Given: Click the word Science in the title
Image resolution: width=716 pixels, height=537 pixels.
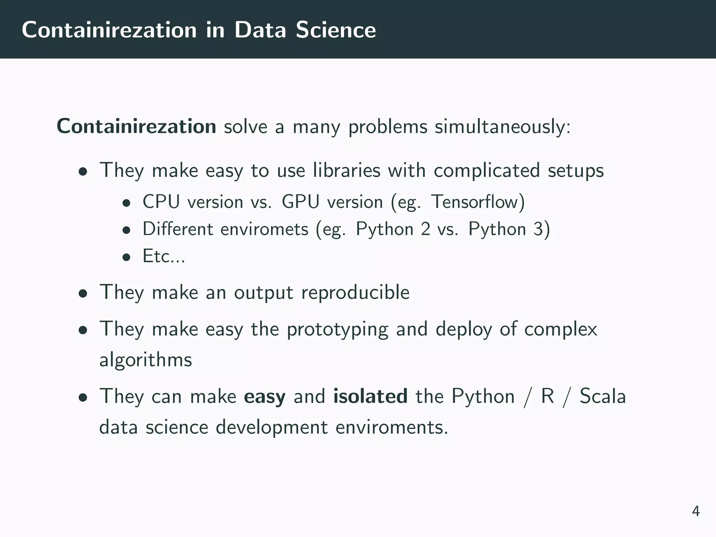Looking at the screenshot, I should (x=336, y=30).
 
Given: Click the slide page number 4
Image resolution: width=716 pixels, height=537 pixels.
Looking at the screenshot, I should (x=695, y=511).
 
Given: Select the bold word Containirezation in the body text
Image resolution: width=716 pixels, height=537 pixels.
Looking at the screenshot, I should (x=136, y=126).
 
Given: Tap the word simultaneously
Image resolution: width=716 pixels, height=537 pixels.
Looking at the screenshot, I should (x=502, y=127).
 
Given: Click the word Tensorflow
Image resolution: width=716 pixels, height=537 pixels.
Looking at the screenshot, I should (x=478, y=202).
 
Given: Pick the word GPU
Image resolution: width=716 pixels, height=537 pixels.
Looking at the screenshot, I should (x=300, y=202).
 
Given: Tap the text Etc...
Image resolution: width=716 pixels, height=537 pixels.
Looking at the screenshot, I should (x=163, y=256).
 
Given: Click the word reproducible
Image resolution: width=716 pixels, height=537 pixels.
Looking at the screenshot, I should (x=355, y=292).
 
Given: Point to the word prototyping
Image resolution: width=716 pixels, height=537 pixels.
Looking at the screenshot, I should (x=337, y=330).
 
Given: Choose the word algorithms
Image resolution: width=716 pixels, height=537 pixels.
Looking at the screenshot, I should (x=145, y=359).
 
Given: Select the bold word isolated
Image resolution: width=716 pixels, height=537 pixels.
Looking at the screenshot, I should (x=370, y=396).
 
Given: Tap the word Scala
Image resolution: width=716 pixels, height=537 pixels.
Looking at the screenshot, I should (x=602, y=396).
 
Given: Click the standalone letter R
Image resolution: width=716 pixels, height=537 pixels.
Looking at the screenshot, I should (x=547, y=396).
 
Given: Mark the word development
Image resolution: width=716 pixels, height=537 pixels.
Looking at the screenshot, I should (x=272, y=428).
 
